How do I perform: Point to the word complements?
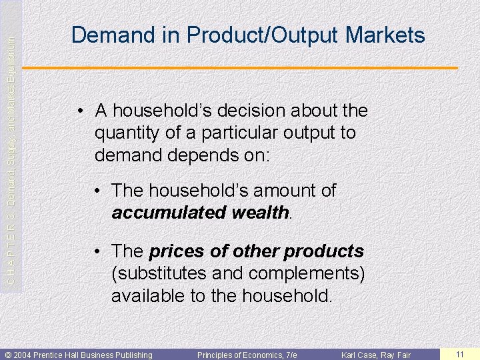(x=307, y=274)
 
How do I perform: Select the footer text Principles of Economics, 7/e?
(x=247, y=355)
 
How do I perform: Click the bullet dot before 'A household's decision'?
(x=80, y=111)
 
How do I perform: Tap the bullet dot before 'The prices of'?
(x=97, y=252)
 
